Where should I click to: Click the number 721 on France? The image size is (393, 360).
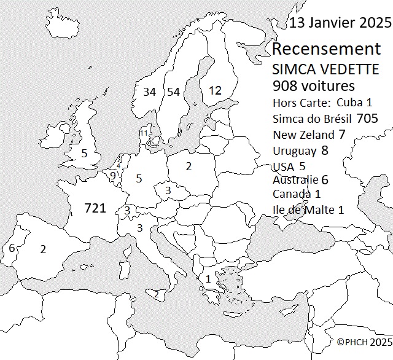click(x=95, y=209)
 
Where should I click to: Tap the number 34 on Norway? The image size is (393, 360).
click(x=149, y=92)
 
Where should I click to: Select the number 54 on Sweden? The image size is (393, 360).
click(x=174, y=92)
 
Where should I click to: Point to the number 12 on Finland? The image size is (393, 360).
click(x=215, y=90)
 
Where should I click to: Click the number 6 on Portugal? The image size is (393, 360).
click(x=12, y=248)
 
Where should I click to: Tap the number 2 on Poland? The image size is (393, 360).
click(x=189, y=166)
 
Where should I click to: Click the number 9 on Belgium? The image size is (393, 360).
click(x=112, y=176)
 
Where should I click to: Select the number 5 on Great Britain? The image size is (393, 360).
click(x=84, y=153)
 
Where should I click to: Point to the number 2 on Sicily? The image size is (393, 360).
click(x=157, y=294)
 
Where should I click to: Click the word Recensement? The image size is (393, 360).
click(x=326, y=49)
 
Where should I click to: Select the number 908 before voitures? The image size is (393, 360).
click(x=286, y=85)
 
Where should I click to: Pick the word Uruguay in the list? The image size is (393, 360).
click(x=294, y=151)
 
